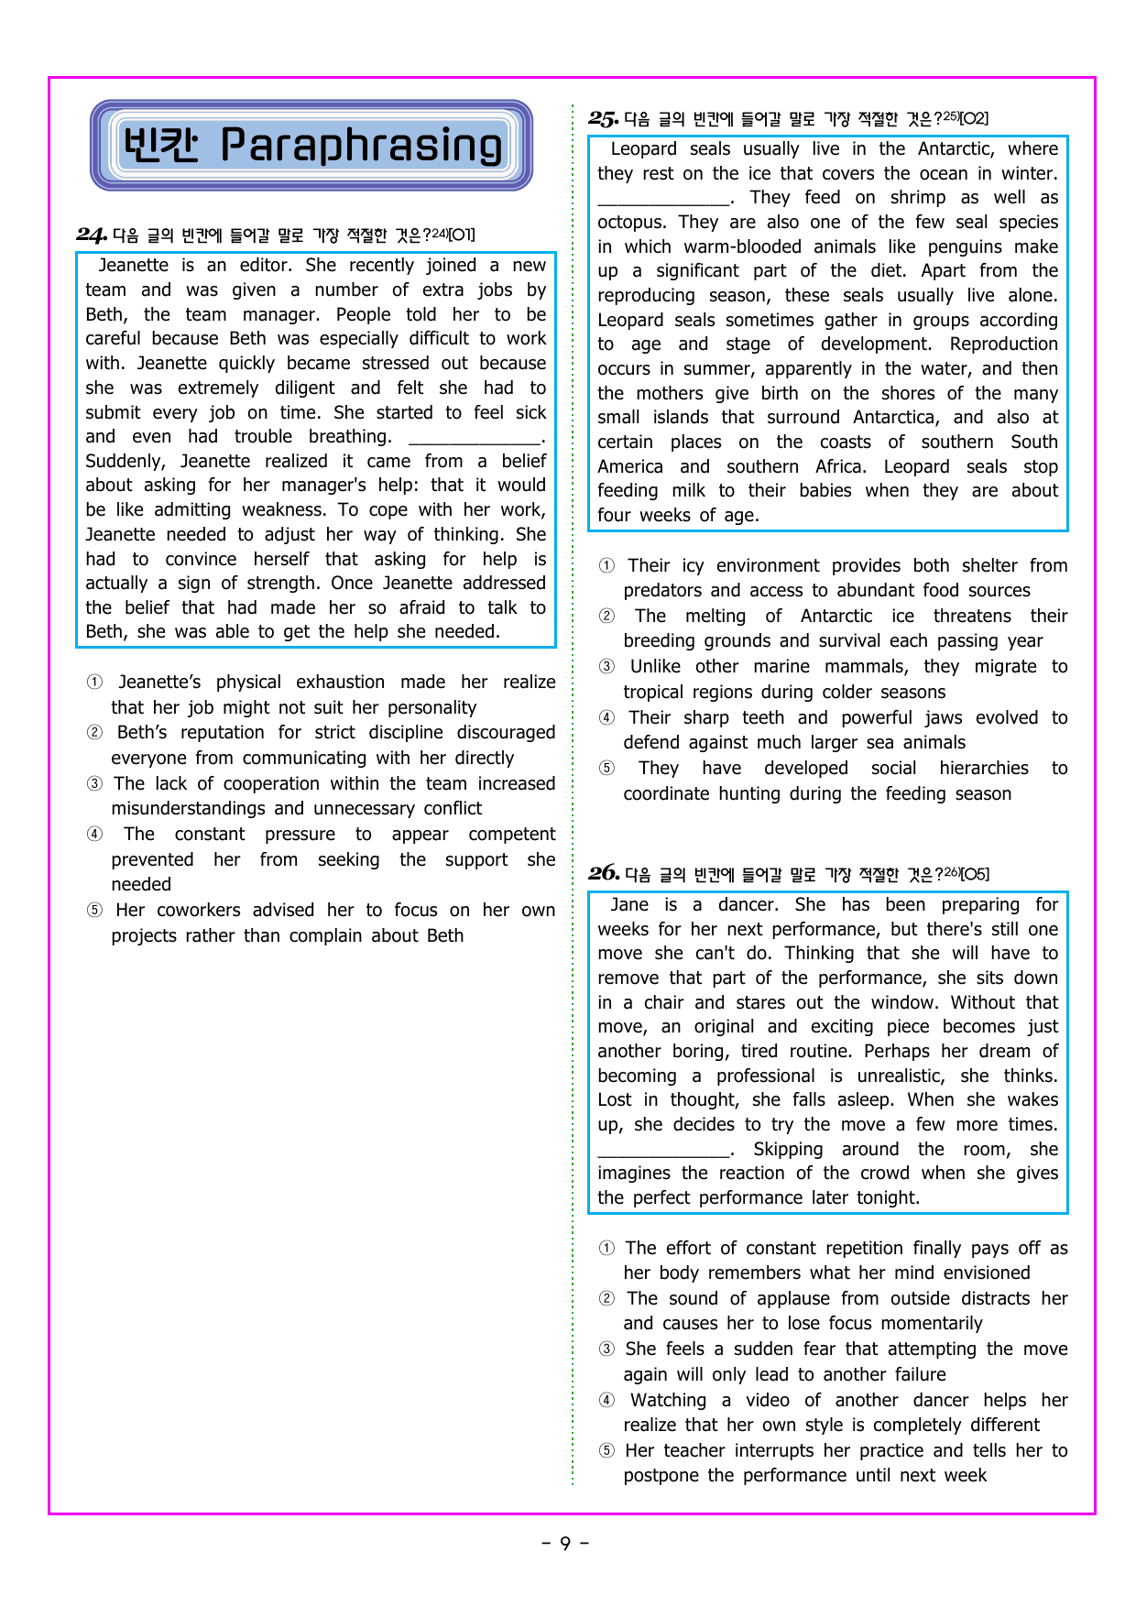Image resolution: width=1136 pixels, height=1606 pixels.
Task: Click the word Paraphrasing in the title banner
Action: (361, 146)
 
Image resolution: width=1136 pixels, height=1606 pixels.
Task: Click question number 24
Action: (92, 235)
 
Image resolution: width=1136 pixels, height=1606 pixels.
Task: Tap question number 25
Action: (603, 118)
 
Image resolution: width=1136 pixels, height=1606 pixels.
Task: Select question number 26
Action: (603, 873)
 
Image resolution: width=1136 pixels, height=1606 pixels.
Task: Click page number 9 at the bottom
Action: (565, 1544)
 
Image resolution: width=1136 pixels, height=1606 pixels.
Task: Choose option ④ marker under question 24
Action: (94, 835)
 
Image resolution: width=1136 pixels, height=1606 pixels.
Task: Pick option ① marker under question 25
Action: (606, 566)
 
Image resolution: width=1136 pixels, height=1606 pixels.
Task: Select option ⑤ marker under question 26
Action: (606, 1451)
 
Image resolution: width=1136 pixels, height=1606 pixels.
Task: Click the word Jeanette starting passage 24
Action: (133, 266)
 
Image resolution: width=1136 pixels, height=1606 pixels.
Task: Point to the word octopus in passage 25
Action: (632, 223)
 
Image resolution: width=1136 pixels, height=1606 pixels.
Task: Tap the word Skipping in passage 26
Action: (788, 1150)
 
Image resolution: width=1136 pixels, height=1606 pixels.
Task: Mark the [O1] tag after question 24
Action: (462, 235)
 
